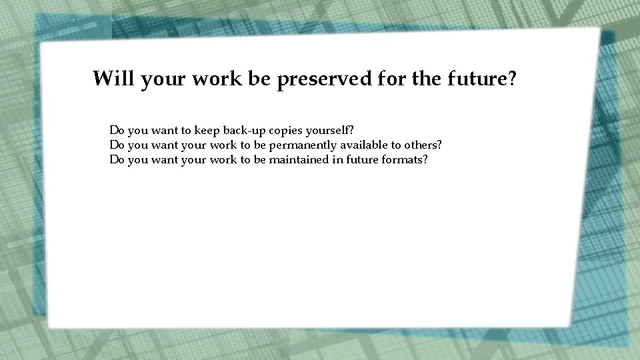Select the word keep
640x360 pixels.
click(208, 129)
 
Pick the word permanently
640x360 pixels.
click(304, 145)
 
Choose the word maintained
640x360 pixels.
click(299, 160)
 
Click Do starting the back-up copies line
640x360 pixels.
click(117, 129)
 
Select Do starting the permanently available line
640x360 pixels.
click(117, 145)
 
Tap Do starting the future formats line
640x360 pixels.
click(117, 160)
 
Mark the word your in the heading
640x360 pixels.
click(163, 79)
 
